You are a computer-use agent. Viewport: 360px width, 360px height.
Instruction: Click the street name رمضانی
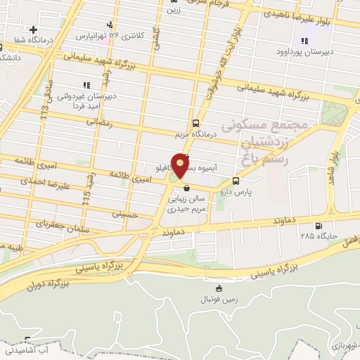tap(100, 122)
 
